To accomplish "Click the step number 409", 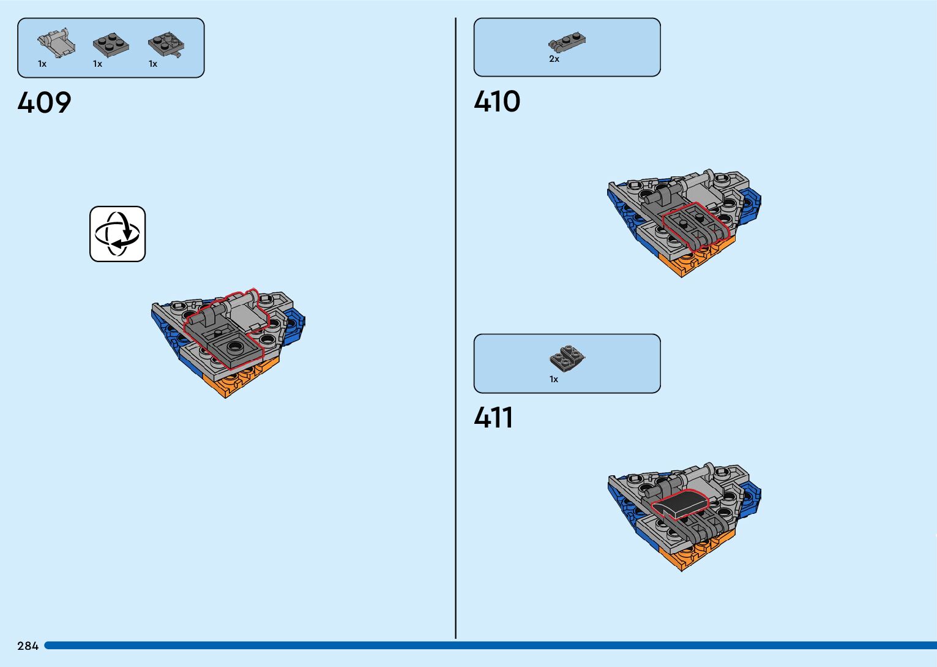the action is (x=44, y=102).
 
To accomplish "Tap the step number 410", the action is (x=497, y=101).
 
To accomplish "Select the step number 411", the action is (x=493, y=418).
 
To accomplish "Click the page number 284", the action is (x=28, y=646).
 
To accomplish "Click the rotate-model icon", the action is (x=118, y=234).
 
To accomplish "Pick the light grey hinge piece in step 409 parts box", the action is (x=56, y=42).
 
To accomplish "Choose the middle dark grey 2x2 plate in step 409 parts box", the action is (x=111, y=45).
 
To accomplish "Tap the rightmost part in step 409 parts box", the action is (x=166, y=45).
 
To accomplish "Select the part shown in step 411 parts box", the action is (x=567, y=357).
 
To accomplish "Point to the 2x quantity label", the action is (x=554, y=59).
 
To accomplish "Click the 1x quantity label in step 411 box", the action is (x=554, y=379).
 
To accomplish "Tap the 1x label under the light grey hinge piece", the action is (x=42, y=64).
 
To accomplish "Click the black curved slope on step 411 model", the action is (x=679, y=504).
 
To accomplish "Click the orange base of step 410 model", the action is (x=692, y=260).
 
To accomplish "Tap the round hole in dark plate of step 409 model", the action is (x=234, y=348).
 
